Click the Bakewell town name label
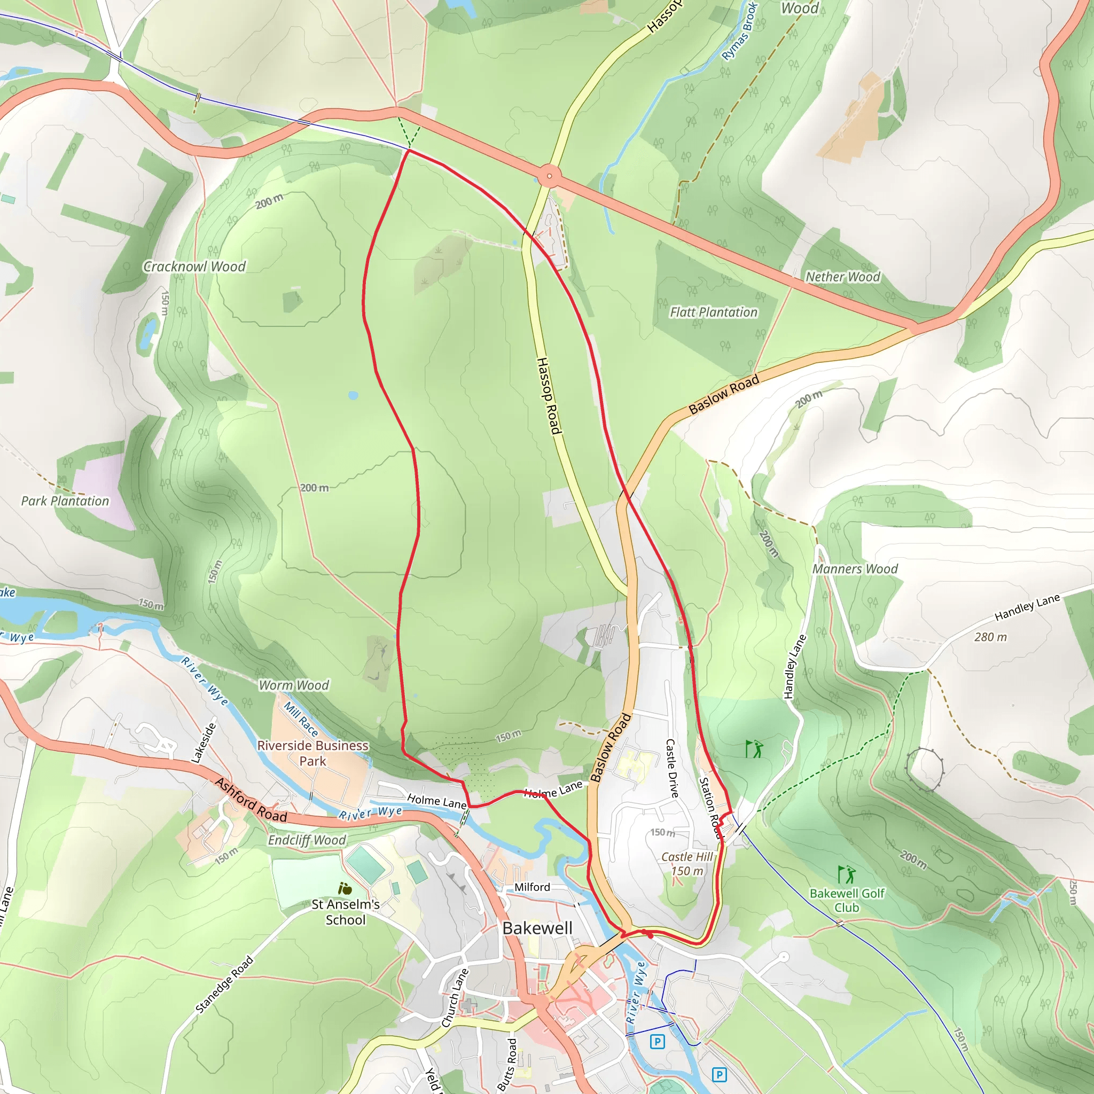click(x=537, y=928)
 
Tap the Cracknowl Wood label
click(x=194, y=267)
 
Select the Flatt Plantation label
click(x=714, y=312)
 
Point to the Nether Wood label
click(x=842, y=277)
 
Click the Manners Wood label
click(x=855, y=569)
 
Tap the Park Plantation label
click(x=65, y=501)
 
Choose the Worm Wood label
click(x=294, y=685)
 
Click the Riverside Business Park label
click(x=312, y=753)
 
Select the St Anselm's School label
click(x=346, y=912)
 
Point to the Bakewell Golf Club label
click(x=847, y=900)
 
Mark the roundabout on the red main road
click(x=549, y=176)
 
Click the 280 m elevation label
click(x=990, y=637)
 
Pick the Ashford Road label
click(x=251, y=801)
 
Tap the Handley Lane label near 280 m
click(x=1027, y=607)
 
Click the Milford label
click(x=532, y=887)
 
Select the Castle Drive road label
click(x=671, y=768)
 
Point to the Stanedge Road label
click(x=224, y=985)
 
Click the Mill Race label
click(x=301, y=719)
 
